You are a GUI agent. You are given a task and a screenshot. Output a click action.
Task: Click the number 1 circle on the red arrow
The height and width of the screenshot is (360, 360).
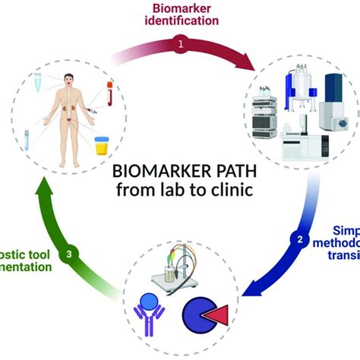(181, 46)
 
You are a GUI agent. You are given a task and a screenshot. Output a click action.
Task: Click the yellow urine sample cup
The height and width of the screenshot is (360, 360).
(101, 145)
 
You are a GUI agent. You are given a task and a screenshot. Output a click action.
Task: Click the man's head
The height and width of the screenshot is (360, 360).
(70, 78)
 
